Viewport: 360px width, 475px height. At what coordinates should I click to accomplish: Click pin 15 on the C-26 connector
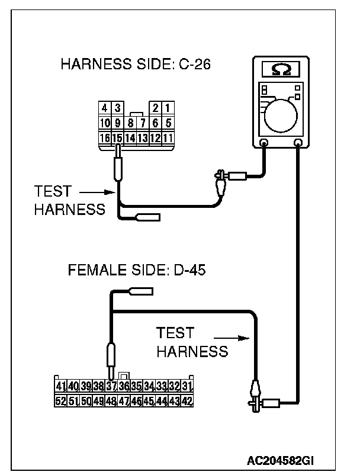pyautogui.click(x=117, y=137)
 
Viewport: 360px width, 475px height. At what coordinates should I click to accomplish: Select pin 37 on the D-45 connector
pyautogui.click(x=111, y=386)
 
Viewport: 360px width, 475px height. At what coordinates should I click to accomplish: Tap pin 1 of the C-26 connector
pyautogui.click(x=168, y=108)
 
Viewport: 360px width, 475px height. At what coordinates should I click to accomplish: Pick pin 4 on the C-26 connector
pyautogui.click(x=105, y=108)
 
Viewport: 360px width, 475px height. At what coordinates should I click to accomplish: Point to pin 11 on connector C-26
pyautogui.click(x=168, y=137)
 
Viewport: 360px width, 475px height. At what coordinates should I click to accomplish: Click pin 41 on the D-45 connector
pyautogui.click(x=60, y=386)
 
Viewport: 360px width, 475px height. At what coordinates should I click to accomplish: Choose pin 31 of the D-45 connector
pyautogui.click(x=188, y=386)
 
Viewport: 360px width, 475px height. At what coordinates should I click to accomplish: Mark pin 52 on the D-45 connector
pyautogui.click(x=60, y=401)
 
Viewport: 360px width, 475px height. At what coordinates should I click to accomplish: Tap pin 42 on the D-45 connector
pyautogui.click(x=188, y=401)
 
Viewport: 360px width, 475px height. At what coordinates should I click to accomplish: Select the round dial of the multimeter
pyautogui.click(x=282, y=113)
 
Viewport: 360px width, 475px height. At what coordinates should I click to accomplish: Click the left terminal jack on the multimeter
pyautogui.click(x=264, y=143)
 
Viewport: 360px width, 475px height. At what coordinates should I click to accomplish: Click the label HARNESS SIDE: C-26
pyautogui.click(x=136, y=65)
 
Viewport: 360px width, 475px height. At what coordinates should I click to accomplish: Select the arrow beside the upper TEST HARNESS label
pyautogui.click(x=95, y=192)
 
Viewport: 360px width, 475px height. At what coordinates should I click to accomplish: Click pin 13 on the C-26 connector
pyautogui.click(x=142, y=137)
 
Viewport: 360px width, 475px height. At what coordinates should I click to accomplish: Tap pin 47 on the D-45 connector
pyautogui.click(x=124, y=401)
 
